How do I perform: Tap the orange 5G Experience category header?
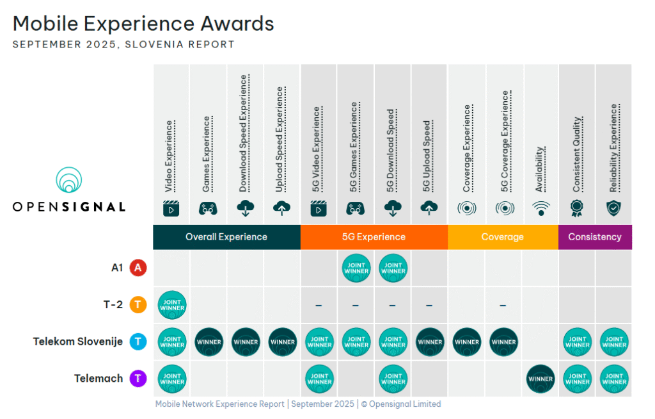coord(374,236)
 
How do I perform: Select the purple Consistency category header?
coord(595,236)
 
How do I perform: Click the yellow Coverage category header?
coord(502,236)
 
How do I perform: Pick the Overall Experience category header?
coord(226,236)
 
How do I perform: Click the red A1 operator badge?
coord(138,268)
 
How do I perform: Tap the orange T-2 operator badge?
coord(138,304)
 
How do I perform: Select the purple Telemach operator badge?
coord(138,379)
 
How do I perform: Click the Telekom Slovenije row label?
coord(78,341)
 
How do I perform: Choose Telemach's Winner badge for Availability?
coord(541,379)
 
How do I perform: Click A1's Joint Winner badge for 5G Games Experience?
coord(356,268)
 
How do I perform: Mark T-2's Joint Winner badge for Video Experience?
coord(172,305)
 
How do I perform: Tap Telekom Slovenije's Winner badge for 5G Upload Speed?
coord(430,341)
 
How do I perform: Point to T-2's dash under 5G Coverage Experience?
coord(503,305)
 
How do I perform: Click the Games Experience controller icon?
coord(208,208)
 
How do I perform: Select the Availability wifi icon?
coord(541,208)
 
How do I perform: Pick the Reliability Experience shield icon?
coord(614,208)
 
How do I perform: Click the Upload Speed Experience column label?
coord(280,140)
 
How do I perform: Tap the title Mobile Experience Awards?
coord(143,24)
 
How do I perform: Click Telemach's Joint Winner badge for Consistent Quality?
coord(578,379)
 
